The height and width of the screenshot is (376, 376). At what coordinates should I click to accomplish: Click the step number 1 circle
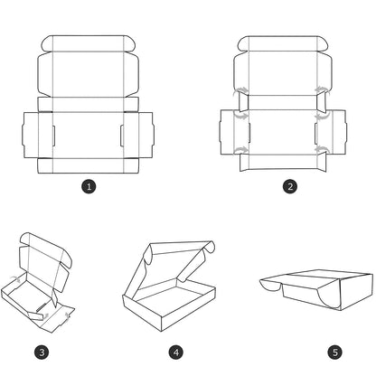(x=89, y=186)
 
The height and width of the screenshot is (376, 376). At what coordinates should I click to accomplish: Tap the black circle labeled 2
(x=290, y=186)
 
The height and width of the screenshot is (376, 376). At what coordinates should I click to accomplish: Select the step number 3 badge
(x=42, y=352)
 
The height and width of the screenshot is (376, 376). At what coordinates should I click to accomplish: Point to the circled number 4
(x=176, y=352)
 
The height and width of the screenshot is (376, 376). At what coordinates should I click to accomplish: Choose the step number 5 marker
(x=335, y=352)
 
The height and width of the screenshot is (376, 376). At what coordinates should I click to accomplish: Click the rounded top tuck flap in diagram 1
(x=89, y=43)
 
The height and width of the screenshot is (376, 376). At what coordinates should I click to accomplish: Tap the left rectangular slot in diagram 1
(x=53, y=136)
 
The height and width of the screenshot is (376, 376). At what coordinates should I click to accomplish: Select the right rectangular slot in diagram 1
(x=122, y=136)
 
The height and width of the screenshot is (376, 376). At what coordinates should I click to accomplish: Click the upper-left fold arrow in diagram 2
(x=241, y=89)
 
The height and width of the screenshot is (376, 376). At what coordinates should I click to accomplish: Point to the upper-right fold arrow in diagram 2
(x=321, y=89)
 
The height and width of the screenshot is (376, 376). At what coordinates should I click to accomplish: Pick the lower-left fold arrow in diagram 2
(x=241, y=149)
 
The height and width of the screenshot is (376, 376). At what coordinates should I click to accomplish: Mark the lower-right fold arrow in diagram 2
(x=321, y=149)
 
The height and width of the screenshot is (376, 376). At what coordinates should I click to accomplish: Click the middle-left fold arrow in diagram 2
(x=241, y=116)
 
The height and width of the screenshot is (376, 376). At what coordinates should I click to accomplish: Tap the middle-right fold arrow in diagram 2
(x=322, y=116)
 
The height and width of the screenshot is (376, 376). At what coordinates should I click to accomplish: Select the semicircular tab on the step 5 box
(x=270, y=286)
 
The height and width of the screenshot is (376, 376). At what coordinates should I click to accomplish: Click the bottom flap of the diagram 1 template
(x=88, y=165)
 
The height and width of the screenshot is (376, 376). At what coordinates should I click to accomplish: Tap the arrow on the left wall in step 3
(x=15, y=279)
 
